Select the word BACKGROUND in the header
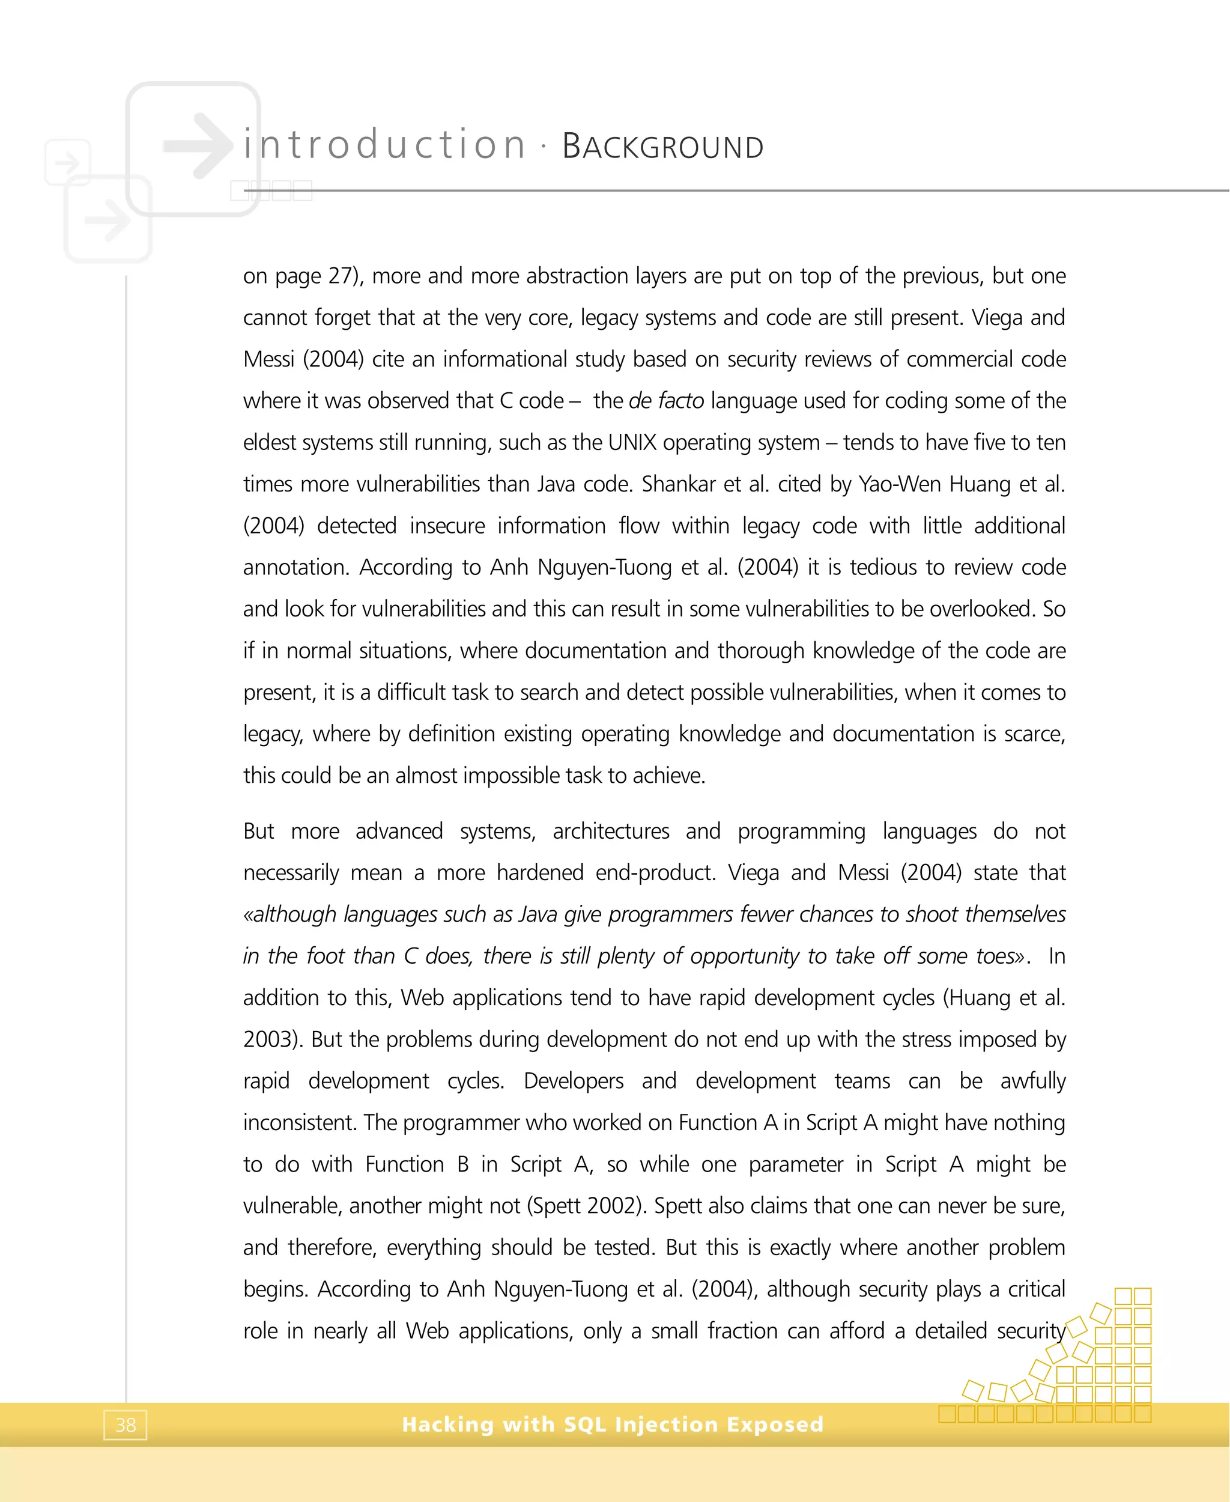tap(662, 147)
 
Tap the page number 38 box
tap(126, 1424)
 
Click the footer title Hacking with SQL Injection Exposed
tap(613, 1424)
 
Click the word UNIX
tap(632, 442)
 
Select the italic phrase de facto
tap(666, 401)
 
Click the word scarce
tap(1034, 734)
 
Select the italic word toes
tap(996, 956)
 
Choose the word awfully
tap(1032, 1081)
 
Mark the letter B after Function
tap(462, 1164)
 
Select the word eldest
tap(269, 442)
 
